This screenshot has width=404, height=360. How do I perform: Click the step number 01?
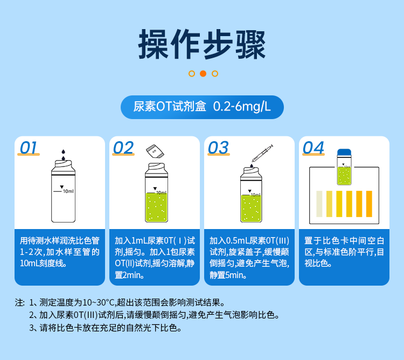coord(29,148)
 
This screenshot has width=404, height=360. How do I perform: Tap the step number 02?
coord(123,148)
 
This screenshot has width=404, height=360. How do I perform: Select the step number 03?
coord(218,148)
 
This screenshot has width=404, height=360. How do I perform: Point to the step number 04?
coord(314,148)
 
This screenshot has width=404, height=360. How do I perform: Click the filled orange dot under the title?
coord(203,74)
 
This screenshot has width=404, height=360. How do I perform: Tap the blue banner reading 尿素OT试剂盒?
coord(202,107)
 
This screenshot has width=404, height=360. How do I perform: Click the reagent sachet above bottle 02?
coord(155,150)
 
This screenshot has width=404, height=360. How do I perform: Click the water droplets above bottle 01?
coord(64,155)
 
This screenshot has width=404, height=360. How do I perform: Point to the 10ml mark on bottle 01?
coord(68,191)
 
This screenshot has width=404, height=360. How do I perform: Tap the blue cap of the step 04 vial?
coord(344,153)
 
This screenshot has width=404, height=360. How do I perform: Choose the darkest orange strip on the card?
coord(369,204)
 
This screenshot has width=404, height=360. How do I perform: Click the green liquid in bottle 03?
coord(252,209)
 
